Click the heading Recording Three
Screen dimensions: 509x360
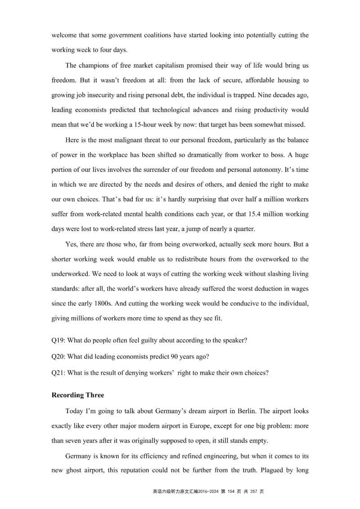[78, 395]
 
